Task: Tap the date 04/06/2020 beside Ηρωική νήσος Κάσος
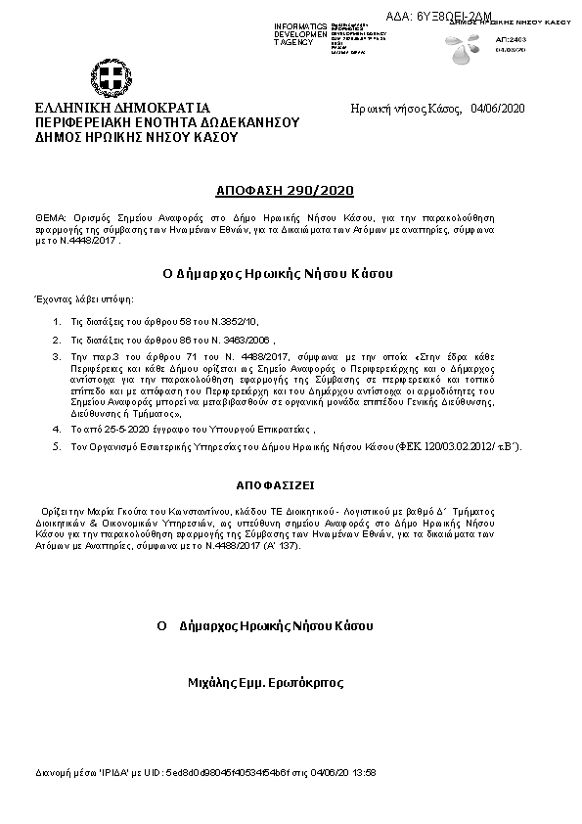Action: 498,108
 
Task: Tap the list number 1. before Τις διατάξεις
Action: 58,321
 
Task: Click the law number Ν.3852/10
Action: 239,321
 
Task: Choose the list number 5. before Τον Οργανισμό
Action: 58,446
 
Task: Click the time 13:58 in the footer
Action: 364,772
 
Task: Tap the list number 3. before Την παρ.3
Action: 58,356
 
